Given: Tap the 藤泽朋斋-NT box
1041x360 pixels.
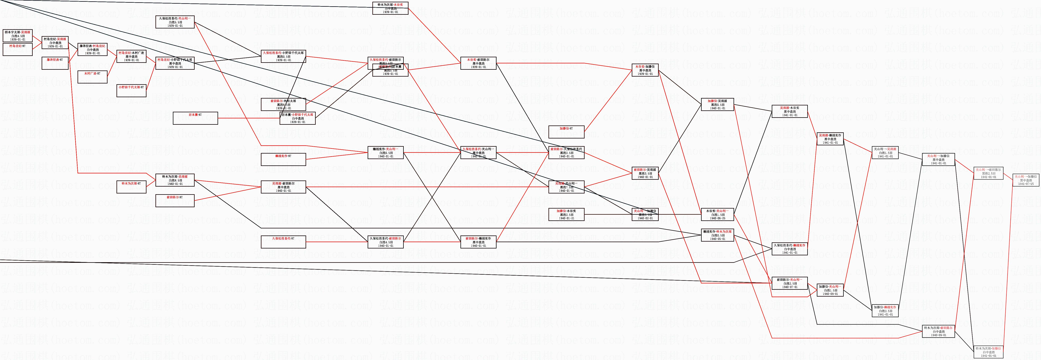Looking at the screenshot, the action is pyautogui.click(x=55, y=63).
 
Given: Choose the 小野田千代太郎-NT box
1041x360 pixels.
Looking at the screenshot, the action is pyautogui.click(x=131, y=91).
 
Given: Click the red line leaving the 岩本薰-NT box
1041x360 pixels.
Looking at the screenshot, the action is pyautogui.click(x=247, y=118).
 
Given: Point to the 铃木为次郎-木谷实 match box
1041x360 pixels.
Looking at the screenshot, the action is pyautogui.click(x=390, y=8).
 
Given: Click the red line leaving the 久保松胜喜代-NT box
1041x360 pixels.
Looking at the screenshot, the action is pyautogui.click(x=335, y=242).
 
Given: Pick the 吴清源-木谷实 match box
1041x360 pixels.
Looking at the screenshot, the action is pyautogui.click(x=790, y=111).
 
